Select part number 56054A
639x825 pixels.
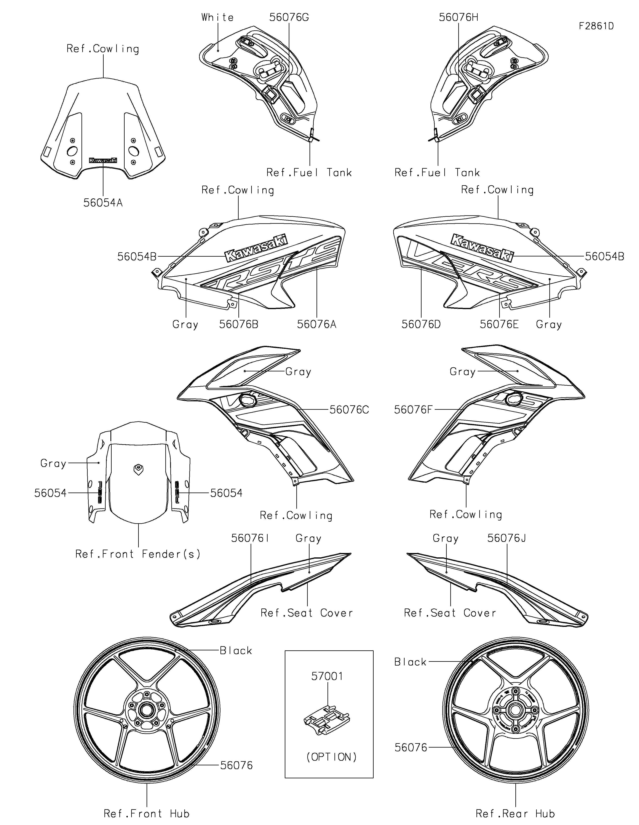[103, 203]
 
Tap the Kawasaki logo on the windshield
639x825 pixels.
[103, 160]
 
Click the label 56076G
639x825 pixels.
[289, 17]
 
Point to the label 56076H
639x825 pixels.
[458, 17]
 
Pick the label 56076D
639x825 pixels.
[421, 324]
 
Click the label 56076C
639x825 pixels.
[349, 410]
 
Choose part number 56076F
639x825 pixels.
[413, 410]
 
